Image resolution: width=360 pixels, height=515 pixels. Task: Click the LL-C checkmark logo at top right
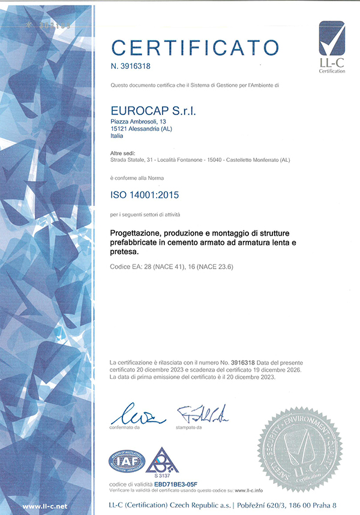pos(332,45)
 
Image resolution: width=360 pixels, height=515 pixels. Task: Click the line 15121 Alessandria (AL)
pos(137,129)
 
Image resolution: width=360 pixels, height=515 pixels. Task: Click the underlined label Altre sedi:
pos(122,153)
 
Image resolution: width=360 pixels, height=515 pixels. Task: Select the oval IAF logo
pos(127,460)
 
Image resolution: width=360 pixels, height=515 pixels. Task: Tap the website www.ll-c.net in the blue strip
pos(45,507)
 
